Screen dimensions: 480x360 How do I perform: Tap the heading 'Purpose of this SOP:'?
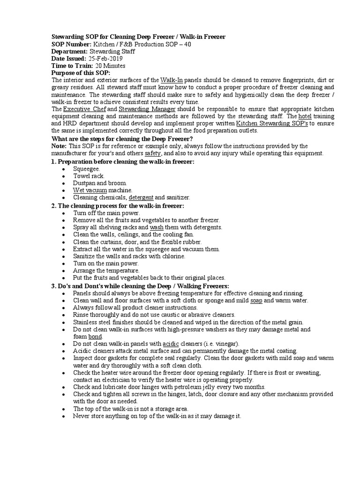click(x=81, y=74)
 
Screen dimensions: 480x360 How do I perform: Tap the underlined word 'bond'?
click(x=95, y=337)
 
